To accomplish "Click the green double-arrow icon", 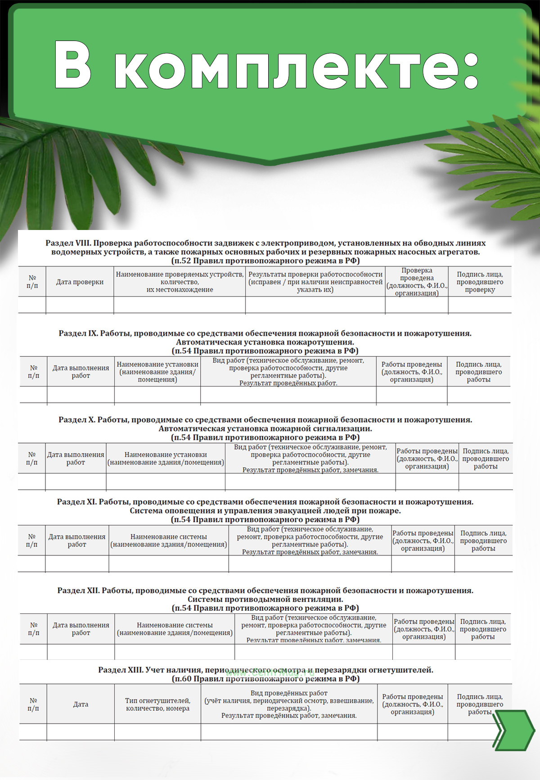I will click(x=513, y=730).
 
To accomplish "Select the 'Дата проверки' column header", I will click(x=80, y=282).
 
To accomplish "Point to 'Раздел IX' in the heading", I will click(x=78, y=334).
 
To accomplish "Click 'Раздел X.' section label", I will click(x=76, y=420).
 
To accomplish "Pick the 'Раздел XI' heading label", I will click(x=76, y=502).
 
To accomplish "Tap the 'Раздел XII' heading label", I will click(x=78, y=591).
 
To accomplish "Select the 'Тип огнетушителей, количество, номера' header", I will click(x=157, y=704).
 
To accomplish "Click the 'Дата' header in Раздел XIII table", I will click(x=81, y=704).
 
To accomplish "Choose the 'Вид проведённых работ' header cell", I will click(x=289, y=704).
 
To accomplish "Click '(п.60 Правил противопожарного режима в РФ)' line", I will click(x=265, y=679).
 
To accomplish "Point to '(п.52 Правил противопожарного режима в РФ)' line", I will click(x=265, y=261).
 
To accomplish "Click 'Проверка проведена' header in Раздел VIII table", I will click(x=417, y=282).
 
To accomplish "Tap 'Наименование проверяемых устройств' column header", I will click(x=180, y=282).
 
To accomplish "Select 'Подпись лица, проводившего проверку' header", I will click(x=480, y=282).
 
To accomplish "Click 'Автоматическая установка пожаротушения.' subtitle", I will click(x=265, y=342).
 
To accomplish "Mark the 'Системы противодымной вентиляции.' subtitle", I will click(x=265, y=599).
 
